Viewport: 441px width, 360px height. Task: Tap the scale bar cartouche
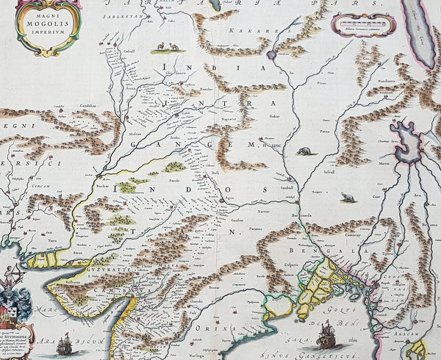(362, 24)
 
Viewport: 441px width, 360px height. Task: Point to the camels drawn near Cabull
(164, 49)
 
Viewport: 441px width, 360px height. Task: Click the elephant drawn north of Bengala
(304, 152)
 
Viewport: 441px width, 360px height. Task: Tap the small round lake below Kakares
(271, 55)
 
